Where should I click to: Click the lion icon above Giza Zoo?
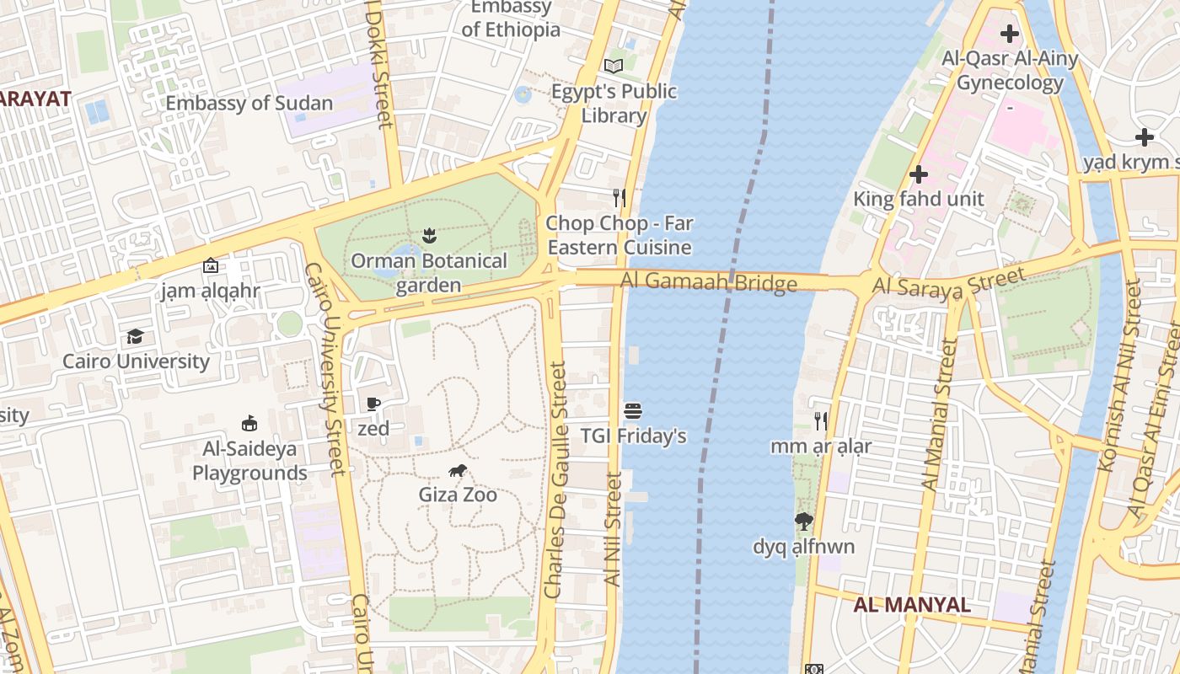coord(458,471)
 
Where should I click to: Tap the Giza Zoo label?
coord(458,495)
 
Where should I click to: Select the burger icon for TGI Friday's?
coord(634,411)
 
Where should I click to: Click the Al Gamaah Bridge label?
coord(709,282)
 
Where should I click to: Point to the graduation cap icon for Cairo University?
coord(135,337)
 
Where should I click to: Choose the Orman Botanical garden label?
coord(429,273)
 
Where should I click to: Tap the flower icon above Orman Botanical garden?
coord(429,236)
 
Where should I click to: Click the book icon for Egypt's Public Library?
coord(614,66)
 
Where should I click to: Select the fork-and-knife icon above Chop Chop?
coord(619,198)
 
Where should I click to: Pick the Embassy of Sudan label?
coord(249,104)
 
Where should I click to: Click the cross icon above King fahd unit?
coord(919,174)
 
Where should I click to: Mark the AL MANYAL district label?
coord(912,605)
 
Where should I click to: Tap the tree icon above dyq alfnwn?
coord(804,522)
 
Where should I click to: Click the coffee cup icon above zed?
coord(373,404)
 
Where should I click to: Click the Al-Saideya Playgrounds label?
coord(249,460)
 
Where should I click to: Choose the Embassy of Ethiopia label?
coord(511,19)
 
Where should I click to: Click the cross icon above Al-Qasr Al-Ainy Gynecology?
coord(1009,35)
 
